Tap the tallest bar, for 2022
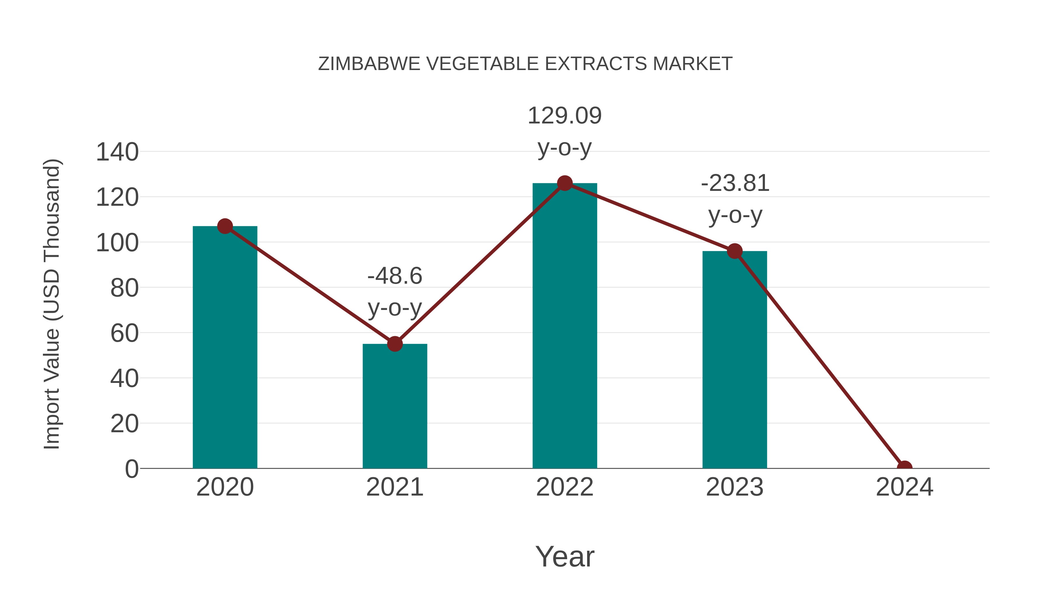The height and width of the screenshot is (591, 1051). coord(565,326)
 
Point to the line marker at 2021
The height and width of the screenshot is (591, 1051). coord(394,344)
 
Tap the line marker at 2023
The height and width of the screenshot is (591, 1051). coord(735,251)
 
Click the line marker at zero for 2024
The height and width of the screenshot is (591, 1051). coord(904,468)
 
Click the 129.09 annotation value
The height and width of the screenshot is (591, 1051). coord(565,116)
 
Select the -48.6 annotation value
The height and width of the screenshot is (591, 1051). coord(394,276)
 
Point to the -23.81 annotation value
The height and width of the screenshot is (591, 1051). coord(735,183)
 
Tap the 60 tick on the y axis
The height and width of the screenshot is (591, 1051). coord(124,333)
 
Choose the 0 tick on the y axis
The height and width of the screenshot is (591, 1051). coord(132,469)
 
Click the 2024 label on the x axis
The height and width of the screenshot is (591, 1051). coord(904,487)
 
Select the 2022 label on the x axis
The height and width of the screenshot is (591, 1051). coord(565,487)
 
